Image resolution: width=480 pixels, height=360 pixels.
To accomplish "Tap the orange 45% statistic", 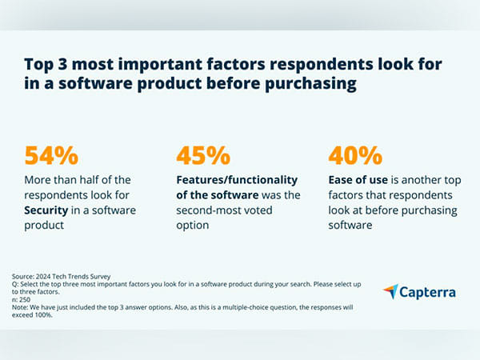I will [203, 156].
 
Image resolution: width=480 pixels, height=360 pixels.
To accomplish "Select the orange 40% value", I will [354, 156].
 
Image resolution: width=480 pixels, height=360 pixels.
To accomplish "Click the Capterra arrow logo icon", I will [392, 291].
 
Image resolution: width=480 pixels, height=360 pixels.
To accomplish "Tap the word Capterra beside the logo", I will [429, 292].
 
